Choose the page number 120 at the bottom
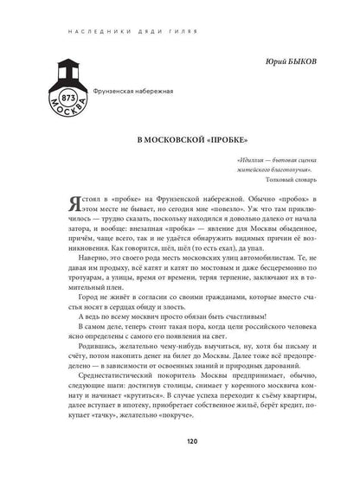tap(180, 465)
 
